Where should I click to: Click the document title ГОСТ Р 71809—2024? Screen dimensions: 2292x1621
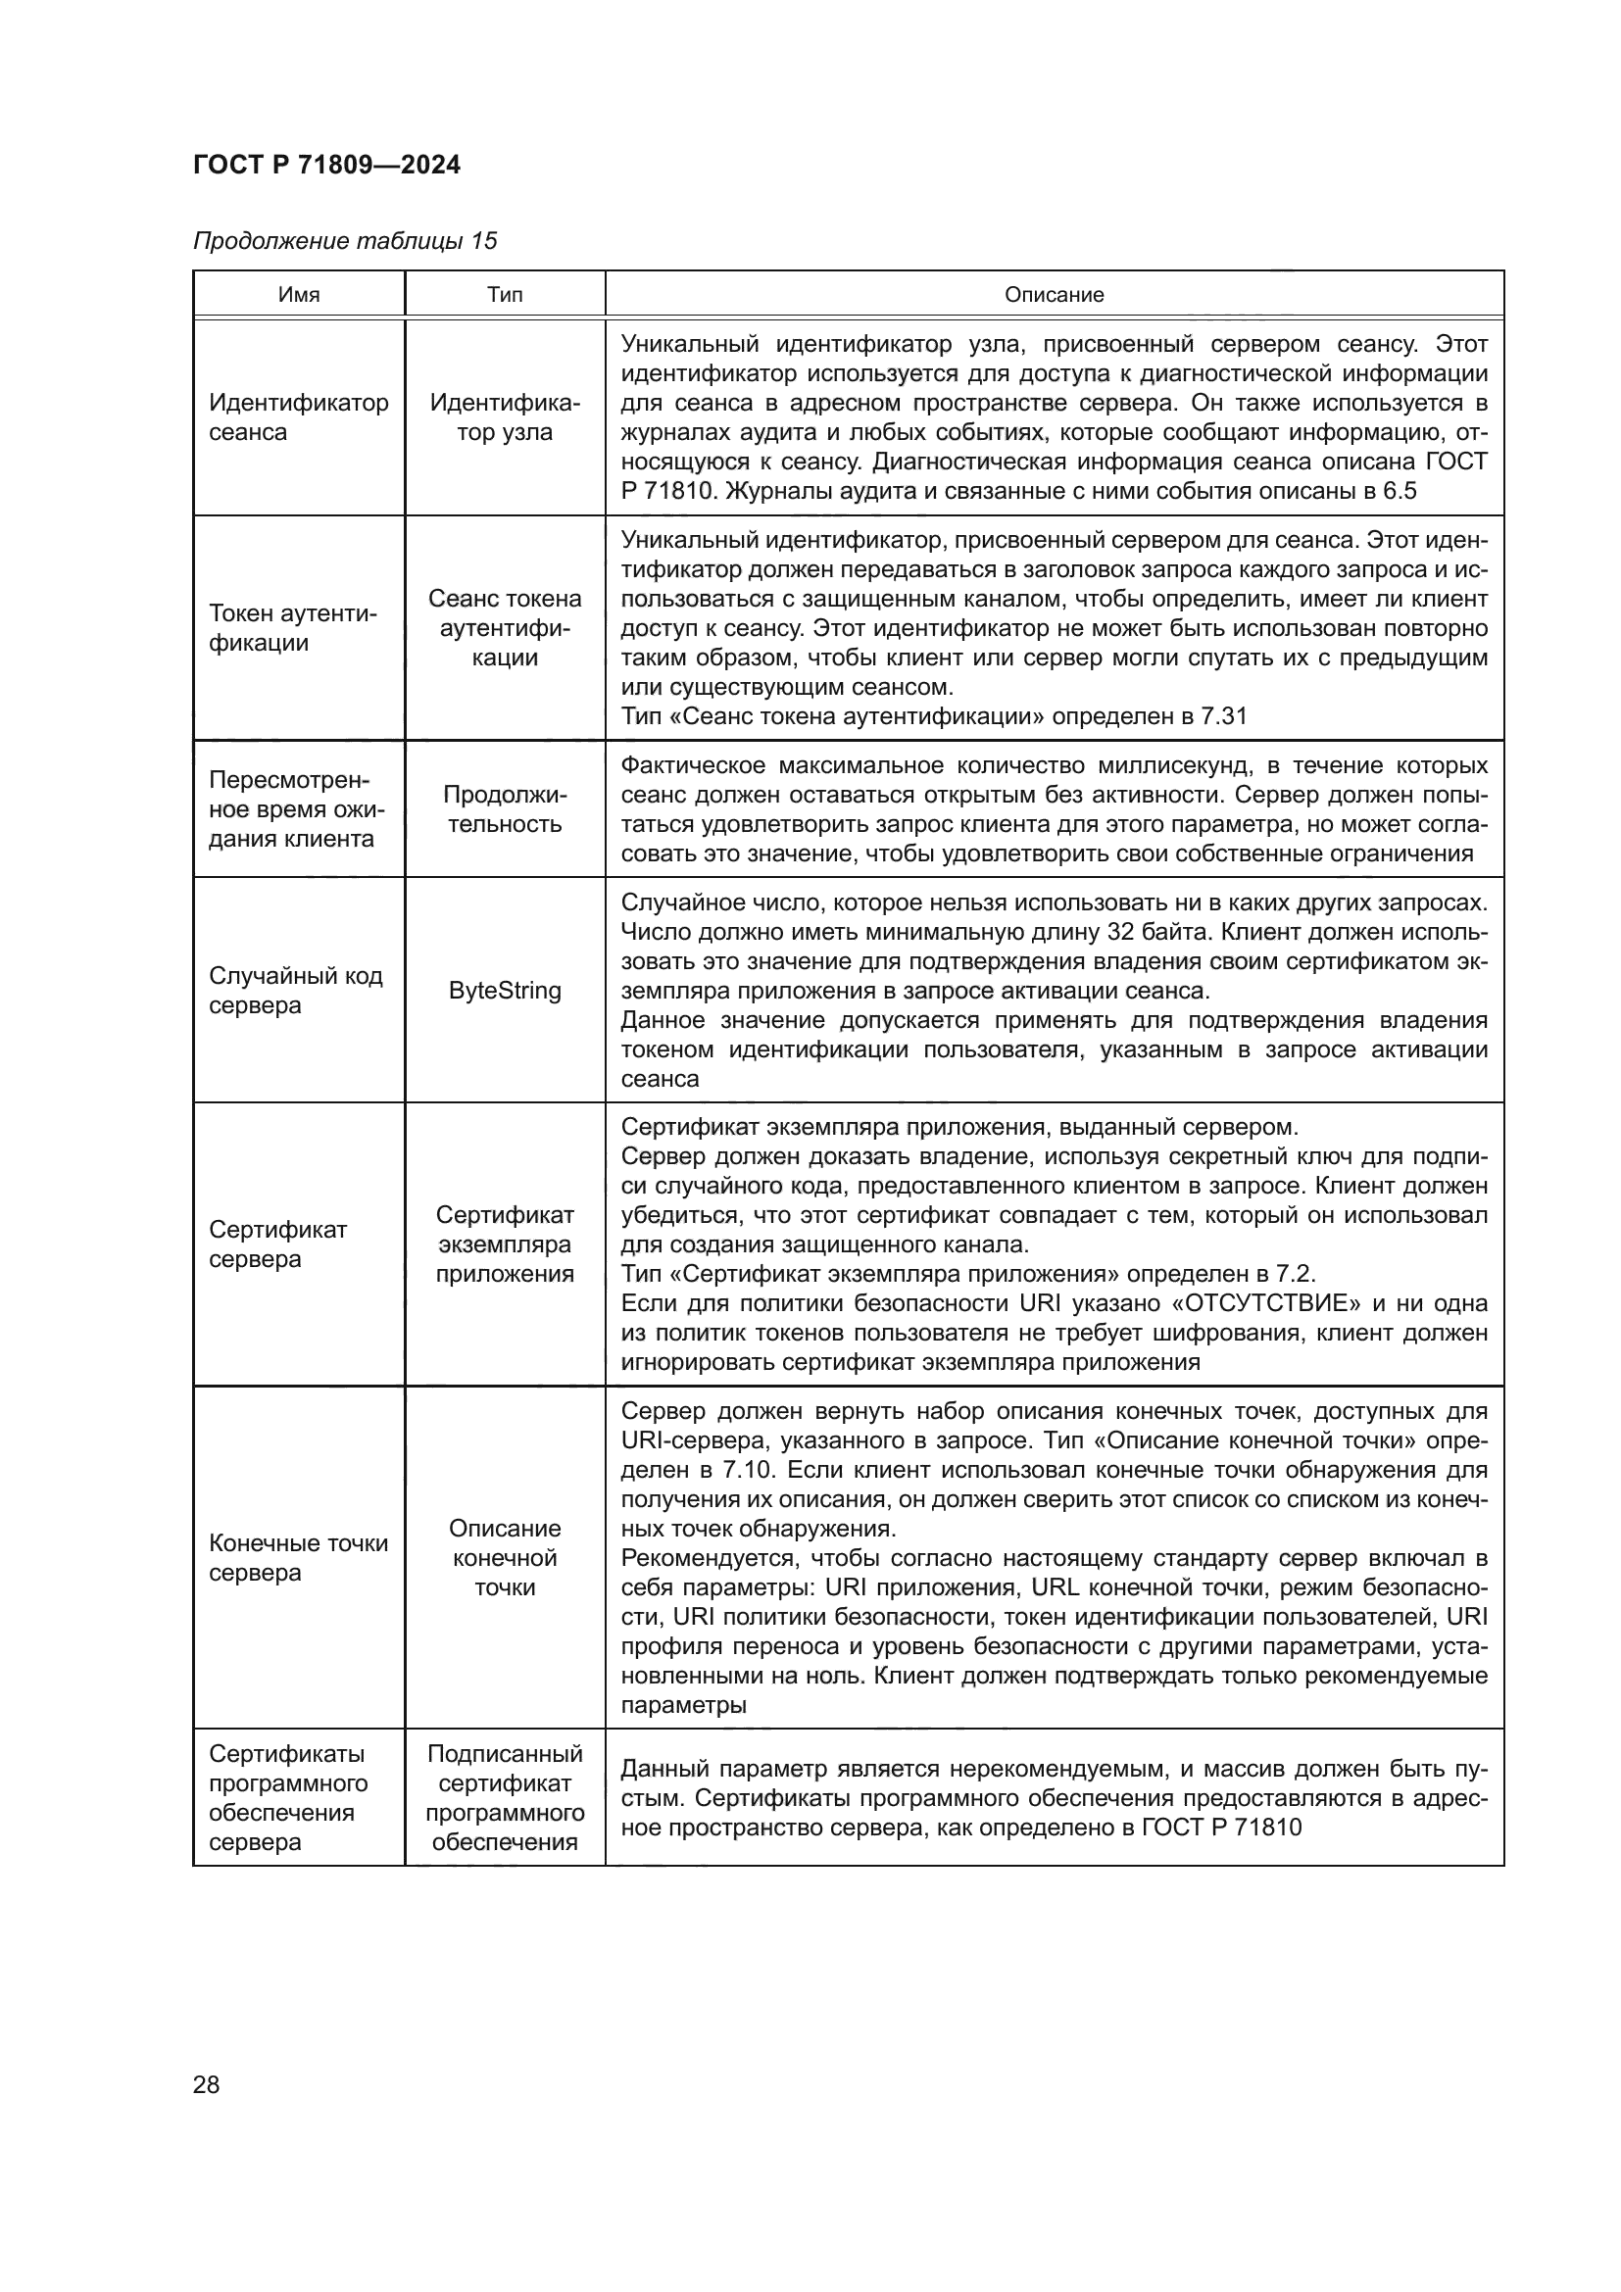coord(326,165)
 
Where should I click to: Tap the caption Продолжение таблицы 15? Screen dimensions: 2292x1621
coord(344,241)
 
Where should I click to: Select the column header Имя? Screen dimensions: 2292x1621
coord(299,295)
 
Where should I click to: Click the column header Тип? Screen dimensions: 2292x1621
coord(504,295)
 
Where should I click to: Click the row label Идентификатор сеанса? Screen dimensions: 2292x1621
coord(299,417)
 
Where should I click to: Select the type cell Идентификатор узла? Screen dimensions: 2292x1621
coord(504,417)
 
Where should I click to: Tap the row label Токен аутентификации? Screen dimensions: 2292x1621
coord(292,628)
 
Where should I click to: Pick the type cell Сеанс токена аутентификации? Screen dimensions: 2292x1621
coord(504,628)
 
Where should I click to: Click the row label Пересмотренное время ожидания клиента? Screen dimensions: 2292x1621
coord(296,808)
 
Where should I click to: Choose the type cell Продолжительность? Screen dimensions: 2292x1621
coord(504,809)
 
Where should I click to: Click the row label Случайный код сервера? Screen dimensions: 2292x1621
coord(295,991)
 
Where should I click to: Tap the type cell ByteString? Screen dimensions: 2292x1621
coord(504,991)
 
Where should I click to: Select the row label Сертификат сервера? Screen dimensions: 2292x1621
coord(277,1244)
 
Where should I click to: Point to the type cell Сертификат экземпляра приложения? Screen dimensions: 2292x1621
coord(504,1244)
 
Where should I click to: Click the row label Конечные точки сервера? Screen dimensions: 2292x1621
coord(299,1557)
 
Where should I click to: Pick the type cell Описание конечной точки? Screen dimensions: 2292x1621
coord(504,1557)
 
